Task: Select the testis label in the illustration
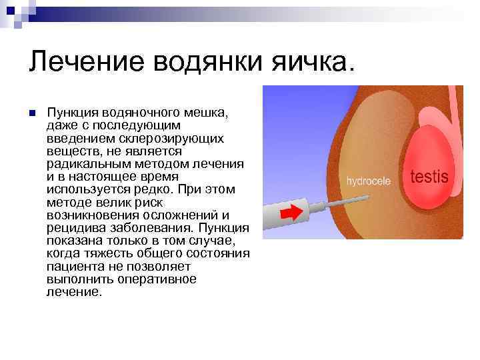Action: pyautogui.click(x=429, y=177)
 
